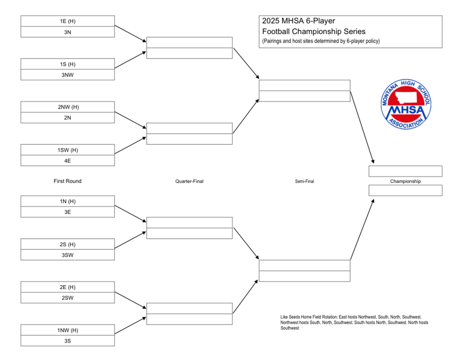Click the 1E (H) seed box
pyautogui.click(x=68, y=21)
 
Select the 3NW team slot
pyautogui.click(x=68, y=74)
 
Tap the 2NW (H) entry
pyautogui.click(x=68, y=107)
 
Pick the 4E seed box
pyautogui.click(x=68, y=161)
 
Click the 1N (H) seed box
pyautogui.click(x=68, y=201)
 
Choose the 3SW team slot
pyautogui.click(x=68, y=255)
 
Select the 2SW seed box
pyautogui.click(x=68, y=298)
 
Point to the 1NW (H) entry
pyautogui.click(x=68, y=330)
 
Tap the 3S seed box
pyautogui.click(x=68, y=341)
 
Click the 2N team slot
pyautogui.click(x=68, y=118)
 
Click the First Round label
pyautogui.click(x=68, y=181)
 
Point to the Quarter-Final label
pyautogui.click(x=189, y=181)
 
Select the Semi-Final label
pyautogui.click(x=304, y=181)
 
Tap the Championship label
pyautogui.click(x=405, y=181)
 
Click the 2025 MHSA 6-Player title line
pyautogui.click(x=298, y=21)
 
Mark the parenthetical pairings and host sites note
pyautogui.click(x=320, y=41)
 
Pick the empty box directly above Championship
pyautogui.click(x=405, y=171)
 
